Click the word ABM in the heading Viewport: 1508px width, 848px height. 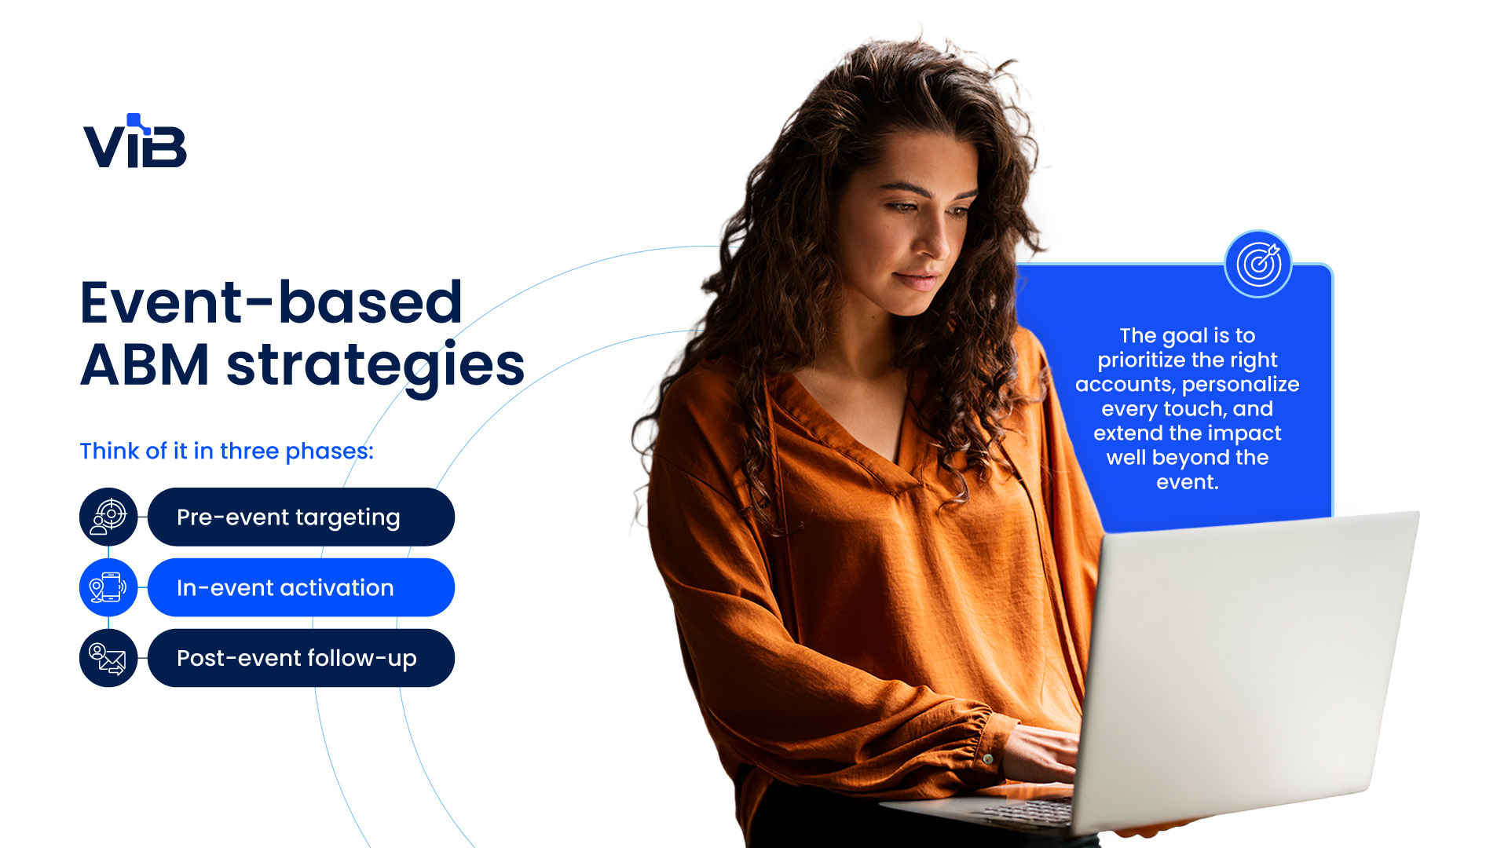click(145, 365)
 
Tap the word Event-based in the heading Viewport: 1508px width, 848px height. click(271, 302)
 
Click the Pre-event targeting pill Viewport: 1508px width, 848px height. click(301, 517)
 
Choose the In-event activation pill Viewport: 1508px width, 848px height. click(301, 587)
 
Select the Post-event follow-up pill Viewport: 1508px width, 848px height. click(301, 658)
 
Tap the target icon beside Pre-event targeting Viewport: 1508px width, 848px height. click(108, 517)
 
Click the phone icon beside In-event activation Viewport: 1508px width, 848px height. click(108, 587)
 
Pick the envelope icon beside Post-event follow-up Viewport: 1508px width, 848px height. click(108, 658)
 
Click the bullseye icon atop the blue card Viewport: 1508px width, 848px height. click(1258, 264)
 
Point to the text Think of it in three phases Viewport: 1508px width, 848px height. click(226, 451)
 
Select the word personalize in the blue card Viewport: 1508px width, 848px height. click(1241, 385)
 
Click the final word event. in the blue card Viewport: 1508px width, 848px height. click(1188, 482)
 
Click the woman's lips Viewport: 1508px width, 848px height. click(917, 279)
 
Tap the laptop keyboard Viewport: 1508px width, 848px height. click(1021, 813)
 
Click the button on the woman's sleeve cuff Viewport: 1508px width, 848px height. click(987, 758)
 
